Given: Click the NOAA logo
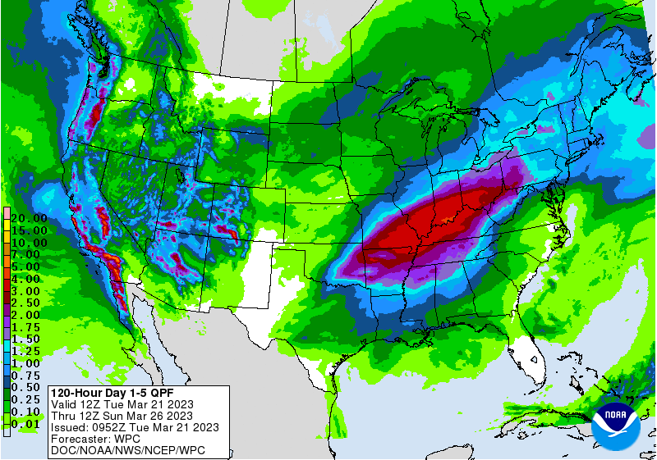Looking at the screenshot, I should tap(620, 424).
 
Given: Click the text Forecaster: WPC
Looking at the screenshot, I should tap(94, 439).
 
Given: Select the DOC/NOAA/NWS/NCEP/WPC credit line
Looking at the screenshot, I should tap(127, 450).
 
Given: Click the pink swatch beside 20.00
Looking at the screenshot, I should tap(6, 213).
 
